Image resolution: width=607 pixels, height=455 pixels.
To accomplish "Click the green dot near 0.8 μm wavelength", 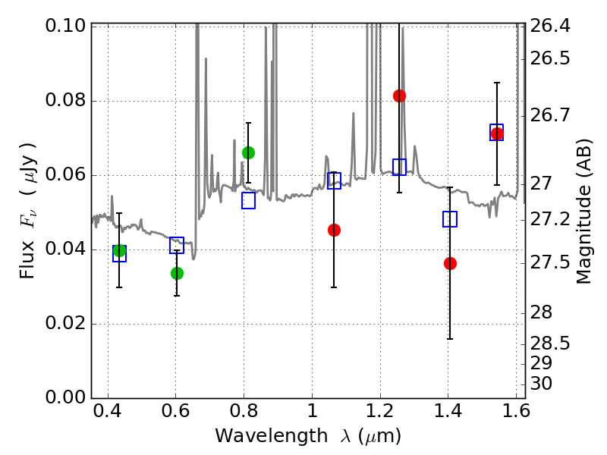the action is (x=249, y=153).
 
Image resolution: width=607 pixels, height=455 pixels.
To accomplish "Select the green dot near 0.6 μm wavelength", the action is (x=177, y=274).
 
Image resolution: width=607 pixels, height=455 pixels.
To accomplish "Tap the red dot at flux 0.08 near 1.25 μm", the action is (x=400, y=96).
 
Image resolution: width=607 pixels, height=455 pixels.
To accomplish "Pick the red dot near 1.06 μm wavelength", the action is (x=334, y=231).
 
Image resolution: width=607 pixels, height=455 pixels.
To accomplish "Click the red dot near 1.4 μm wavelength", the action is (x=450, y=263).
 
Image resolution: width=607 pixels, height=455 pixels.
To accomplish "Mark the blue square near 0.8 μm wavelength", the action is (x=249, y=200).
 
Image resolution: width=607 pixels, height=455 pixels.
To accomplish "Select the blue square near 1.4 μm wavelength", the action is (x=450, y=219).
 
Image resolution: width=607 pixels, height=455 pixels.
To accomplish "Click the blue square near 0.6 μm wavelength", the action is (x=177, y=245).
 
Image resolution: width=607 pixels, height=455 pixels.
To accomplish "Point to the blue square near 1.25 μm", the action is (x=400, y=167).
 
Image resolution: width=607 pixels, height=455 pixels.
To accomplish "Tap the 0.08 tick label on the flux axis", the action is (x=65, y=100).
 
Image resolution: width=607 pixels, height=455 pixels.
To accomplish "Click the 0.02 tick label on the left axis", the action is (x=65, y=323).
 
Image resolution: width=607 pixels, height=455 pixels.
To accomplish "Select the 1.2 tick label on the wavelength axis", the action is (x=380, y=411).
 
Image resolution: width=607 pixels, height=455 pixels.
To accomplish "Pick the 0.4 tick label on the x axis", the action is (x=108, y=411).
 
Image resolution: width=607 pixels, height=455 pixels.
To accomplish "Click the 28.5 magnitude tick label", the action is (x=550, y=344).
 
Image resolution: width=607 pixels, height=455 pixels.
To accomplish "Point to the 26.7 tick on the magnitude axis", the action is (x=550, y=115).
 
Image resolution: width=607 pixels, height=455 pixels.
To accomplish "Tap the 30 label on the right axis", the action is (x=542, y=384).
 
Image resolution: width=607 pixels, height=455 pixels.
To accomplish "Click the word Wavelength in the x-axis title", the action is (x=272, y=436).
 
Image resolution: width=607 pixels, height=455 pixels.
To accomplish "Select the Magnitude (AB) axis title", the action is (x=583, y=212).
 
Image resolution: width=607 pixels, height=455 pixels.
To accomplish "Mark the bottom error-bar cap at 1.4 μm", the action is (x=450, y=339).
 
